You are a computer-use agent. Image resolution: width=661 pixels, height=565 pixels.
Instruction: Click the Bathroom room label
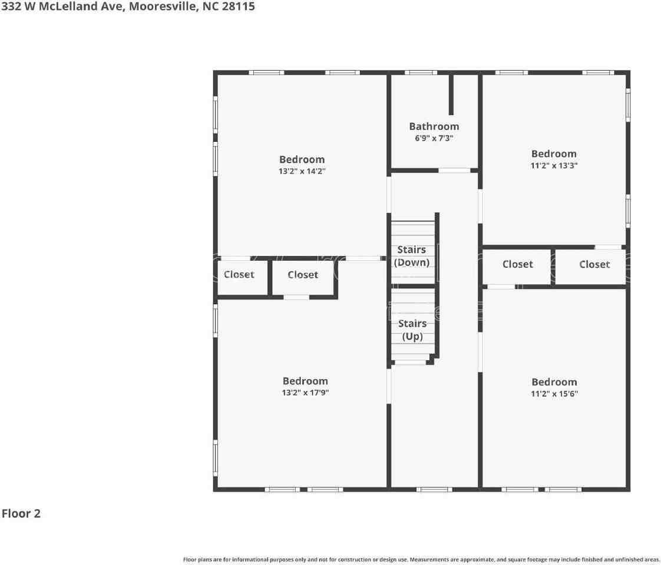point(434,127)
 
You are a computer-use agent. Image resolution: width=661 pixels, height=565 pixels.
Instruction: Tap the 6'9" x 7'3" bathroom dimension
point(434,138)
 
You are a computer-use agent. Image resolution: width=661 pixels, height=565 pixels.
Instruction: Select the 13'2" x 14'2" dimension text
point(302,171)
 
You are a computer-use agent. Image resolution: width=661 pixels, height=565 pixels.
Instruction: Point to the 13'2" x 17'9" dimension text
point(305,393)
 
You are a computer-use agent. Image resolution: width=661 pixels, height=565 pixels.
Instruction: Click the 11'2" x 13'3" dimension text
point(554,165)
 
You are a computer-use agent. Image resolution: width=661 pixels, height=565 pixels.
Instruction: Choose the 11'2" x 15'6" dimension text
point(554,394)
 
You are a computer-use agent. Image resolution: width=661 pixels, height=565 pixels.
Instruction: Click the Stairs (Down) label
point(412,256)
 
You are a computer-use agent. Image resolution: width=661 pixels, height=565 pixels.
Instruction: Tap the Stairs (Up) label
point(412,330)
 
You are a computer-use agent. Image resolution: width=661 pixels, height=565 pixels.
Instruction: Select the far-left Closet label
point(239,274)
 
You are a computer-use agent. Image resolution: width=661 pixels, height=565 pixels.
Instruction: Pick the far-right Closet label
point(594,264)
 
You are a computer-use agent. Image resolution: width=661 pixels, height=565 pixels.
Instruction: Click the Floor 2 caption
point(21,513)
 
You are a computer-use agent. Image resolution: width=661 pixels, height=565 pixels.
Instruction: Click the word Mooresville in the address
point(159,7)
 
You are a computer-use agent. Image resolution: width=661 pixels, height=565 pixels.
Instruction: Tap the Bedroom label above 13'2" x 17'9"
point(305,381)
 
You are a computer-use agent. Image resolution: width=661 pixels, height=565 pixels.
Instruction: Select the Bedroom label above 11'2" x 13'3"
point(554,154)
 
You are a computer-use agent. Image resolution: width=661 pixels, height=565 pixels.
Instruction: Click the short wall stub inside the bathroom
point(451,94)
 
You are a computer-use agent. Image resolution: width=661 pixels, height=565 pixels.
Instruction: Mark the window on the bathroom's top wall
point(421,72)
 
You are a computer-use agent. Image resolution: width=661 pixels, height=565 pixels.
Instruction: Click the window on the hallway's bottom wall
point(434,489)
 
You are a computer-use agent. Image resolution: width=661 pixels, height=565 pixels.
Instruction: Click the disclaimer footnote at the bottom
point(421,559)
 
